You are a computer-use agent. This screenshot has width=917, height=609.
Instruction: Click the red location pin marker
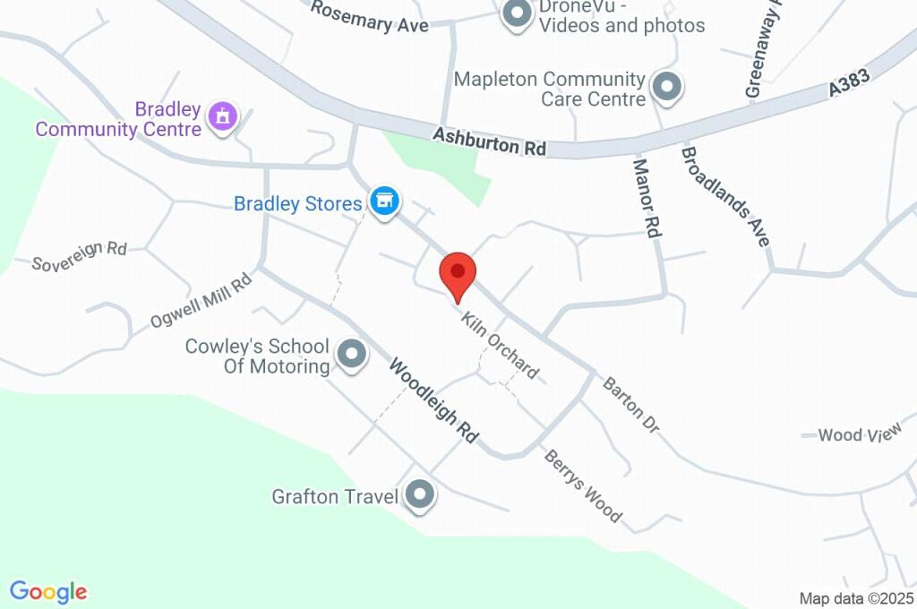click(x=458, y=272)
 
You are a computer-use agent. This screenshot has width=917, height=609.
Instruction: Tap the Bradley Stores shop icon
click(x=385, y=201)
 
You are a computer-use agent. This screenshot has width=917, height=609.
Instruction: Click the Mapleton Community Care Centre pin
click(x=666, y=87)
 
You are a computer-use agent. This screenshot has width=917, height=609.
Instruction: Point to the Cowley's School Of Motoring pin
click(x=351, y=355)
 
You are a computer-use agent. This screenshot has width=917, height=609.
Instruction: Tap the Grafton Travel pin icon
click(x=419, y=493)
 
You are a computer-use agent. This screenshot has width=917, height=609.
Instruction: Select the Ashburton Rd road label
click(x=489, y=142)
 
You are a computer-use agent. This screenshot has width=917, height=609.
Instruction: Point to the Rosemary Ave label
click(x=370, y=17)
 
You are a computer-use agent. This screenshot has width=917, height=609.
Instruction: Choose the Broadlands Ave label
click(x=725, y=196)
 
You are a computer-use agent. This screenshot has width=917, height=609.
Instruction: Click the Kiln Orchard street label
click(x=500, y=345)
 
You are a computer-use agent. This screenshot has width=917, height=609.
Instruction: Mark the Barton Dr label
click(x=630, y=406)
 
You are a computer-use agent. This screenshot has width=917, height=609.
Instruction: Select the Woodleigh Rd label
click(x=433, y=400)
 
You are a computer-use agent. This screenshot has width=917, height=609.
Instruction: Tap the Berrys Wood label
click(x=582, y=485)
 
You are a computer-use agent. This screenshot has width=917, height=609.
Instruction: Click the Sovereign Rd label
click(x=79, y=256)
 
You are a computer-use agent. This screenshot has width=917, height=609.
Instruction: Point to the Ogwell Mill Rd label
click(x=201, y=301)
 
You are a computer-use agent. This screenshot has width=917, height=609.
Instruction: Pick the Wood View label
click(x=859, y=435)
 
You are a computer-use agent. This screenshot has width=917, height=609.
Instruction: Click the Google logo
click(x=48, y=591)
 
